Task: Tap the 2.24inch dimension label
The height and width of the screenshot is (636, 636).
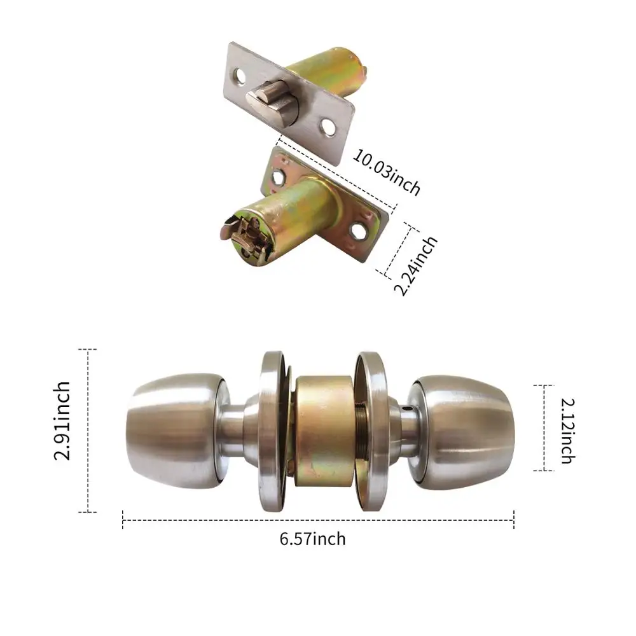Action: point(417,266)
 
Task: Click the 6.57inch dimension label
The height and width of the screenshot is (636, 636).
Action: point(313,539)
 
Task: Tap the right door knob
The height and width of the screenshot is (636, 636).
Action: point(462,427)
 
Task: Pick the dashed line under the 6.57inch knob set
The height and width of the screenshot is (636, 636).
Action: point(318,521)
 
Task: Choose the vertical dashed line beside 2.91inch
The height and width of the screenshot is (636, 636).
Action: point(88,430)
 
